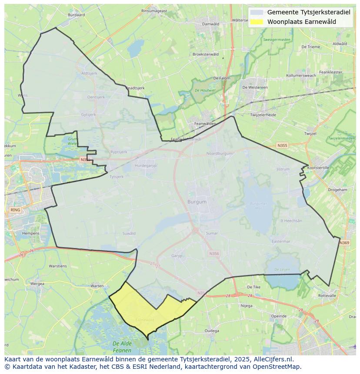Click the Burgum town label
point(197,202)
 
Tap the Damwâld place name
point(211,24)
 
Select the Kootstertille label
point(318,167)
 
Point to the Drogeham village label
point(337,190)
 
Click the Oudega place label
point(212,331)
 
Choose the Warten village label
point(97,286)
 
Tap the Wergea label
point(37,284)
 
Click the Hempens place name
point(30,233)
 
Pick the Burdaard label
point(77,15)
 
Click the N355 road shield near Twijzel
point(283,146)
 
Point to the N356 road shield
point(214,254)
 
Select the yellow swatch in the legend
point(257,22)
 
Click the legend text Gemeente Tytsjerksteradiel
point(308,12)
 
